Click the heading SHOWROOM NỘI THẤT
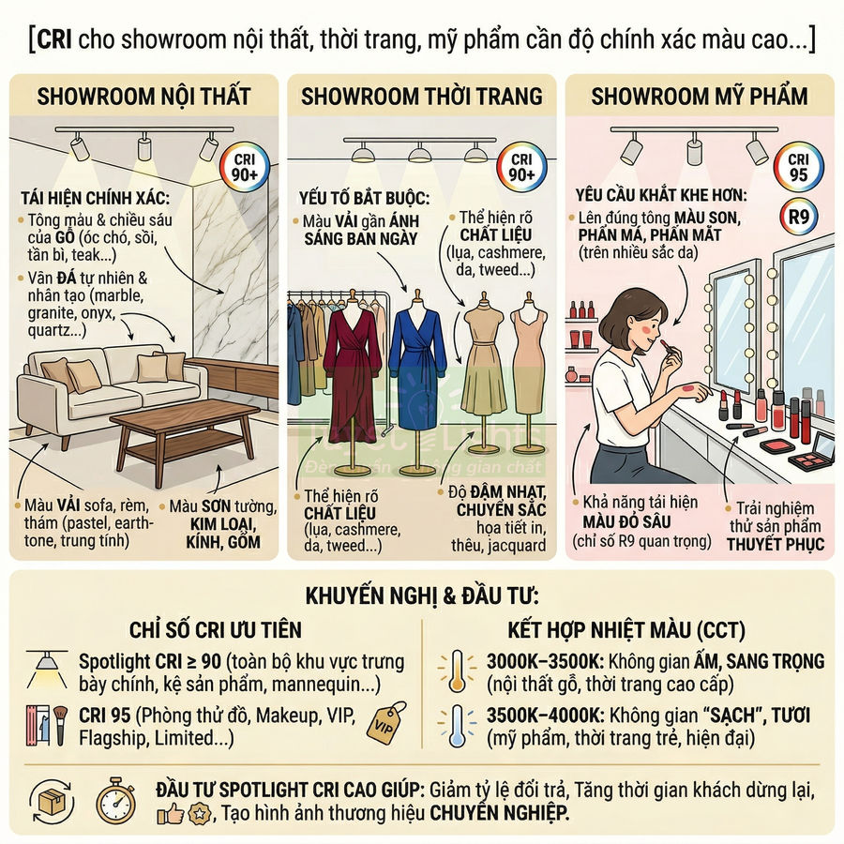tap(143, 96)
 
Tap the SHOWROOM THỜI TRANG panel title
tap(421, 96)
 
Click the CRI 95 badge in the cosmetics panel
tap(798, 167)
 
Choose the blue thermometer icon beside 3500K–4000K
tap(457, 727)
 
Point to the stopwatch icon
tap(115, 799)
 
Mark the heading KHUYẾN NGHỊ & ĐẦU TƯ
tap(421, 596)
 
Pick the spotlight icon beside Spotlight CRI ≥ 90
tap(45, 668)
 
